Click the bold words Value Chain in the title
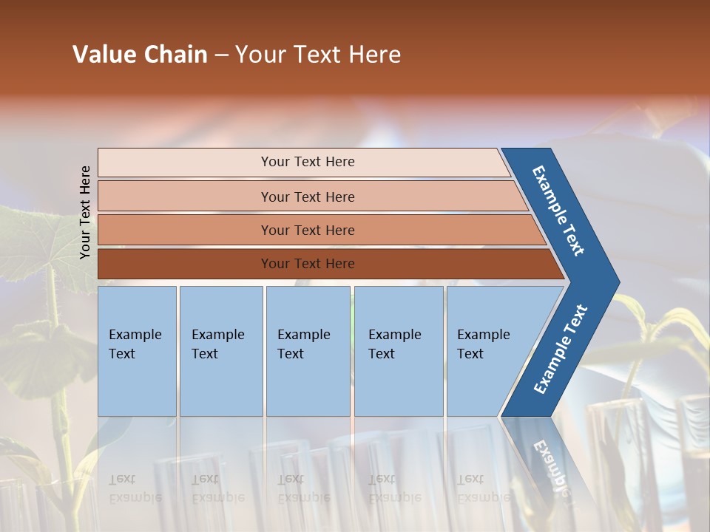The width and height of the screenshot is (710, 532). tap(140, 55)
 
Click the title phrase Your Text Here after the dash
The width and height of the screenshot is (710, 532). tap(318, 55)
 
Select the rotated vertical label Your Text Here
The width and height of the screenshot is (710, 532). tap(85, 212)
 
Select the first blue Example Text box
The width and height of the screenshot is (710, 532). tap(137, 351)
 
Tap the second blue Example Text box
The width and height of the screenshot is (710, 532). tap(220, 351)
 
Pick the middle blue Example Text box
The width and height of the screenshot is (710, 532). tap(308, 351)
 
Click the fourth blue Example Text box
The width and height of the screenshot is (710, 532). tap(398, 351)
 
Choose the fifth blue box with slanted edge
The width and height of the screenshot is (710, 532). tap(488, 351)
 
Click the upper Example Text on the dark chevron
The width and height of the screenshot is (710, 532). tap(558, 211)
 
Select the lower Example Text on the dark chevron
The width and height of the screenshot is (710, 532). tap(560, 349)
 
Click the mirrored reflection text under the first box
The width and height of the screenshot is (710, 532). tap(135, 488)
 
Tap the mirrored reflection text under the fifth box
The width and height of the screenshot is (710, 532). tap(484, 488)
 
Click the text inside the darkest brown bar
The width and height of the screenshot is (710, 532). tap(308, 264)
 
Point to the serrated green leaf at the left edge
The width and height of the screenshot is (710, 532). tap(30, 244)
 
